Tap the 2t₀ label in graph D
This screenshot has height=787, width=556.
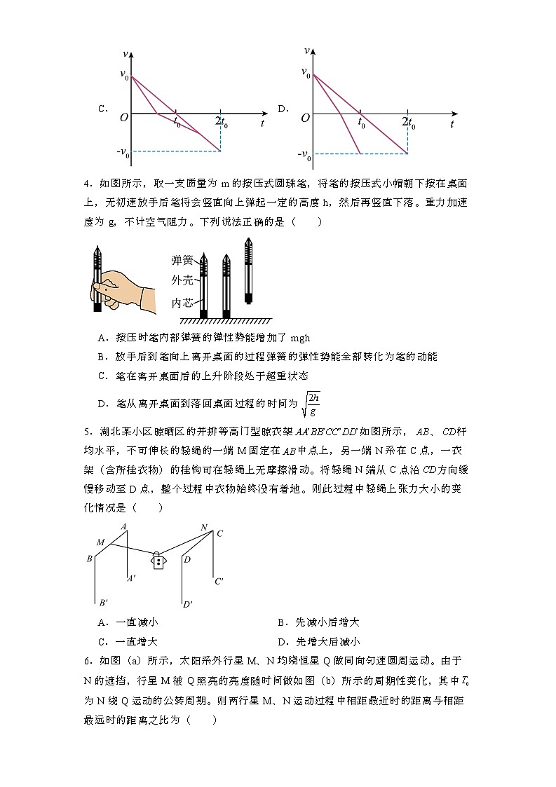click(x=408, y=123)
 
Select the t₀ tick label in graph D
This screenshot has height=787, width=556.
click(x=362, y=124)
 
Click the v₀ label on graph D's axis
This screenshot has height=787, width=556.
click(x=304, y=72)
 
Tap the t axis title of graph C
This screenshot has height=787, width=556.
click(x=262, y=123)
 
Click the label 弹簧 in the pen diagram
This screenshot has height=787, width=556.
click(x=182, y=261)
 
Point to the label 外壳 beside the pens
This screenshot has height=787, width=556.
click(x=182, y=281)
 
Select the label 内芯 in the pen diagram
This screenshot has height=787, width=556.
click(x=182, y=303)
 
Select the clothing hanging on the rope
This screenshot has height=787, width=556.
click(x=160, y=561)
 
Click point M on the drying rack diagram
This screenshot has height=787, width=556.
click(x=100, y=542)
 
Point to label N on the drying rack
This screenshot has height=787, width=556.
click(x=204, y=528)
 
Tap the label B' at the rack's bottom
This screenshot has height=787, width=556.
click(x=103, y=602)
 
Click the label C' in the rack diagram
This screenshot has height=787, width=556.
click(x=219, y=581)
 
